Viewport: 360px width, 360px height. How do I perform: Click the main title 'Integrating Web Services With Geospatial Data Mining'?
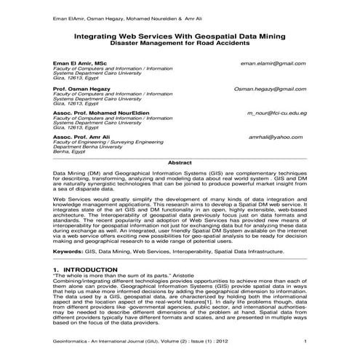[x=180, y=36]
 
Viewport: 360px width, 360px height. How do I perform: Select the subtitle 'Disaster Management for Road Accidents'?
[x=180, y=44]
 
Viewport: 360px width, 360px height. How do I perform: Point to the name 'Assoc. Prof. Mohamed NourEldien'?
[x=99, y=114]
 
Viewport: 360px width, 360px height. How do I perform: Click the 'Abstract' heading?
[x=180, y=164]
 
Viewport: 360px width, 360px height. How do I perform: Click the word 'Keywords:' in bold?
[x=68, y=250]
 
